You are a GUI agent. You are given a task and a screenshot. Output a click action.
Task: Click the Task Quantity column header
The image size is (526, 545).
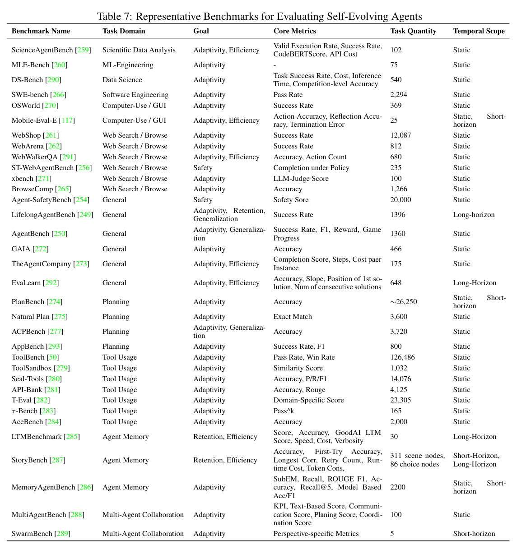pyautogui.click(x=413, y=31)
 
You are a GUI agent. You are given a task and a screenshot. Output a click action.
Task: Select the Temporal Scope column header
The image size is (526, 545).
pyautogui.click(x=479, y=31)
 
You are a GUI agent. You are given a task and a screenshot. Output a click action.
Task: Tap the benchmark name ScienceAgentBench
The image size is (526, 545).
pyautogui.click(x=42, y=50)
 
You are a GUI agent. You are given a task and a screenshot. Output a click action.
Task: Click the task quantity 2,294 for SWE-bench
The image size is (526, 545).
pyautogui.click(x=400, y=95)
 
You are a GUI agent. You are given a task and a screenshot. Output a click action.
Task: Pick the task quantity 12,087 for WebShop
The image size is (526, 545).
pyautogui.click(x=401, y=135)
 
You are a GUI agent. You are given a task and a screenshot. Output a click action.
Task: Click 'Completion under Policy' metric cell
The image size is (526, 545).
pyautogui.click(x=311, y=168)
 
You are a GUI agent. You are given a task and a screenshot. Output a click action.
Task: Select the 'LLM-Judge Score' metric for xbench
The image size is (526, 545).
pyautogui.click(x=301, y=179)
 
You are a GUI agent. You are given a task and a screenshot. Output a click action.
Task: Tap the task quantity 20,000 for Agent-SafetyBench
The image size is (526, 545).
pyautogui.click(x=401, y=200)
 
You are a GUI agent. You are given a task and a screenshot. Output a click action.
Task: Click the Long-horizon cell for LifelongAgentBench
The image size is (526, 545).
pyautogui.click(x=474, y=215)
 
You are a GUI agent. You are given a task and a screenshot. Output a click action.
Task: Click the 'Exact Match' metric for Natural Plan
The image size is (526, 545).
pyautogui.click(x=293, y=317)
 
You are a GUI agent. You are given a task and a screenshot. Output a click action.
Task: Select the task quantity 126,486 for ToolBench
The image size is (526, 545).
pyautogui.click(x=402, y=357)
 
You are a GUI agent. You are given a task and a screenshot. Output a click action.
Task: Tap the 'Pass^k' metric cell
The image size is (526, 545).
pyautogui.click(x=284, y=411)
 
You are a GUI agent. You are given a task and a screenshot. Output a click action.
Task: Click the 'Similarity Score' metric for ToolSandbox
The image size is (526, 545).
pyautogui.click(x=298, y=368)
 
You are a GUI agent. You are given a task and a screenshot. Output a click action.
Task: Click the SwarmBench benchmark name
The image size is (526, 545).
pyautogui.click(x=32, y=534)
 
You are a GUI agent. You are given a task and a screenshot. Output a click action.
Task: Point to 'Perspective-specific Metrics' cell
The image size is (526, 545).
pyautogui.click(x=316, y=534)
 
